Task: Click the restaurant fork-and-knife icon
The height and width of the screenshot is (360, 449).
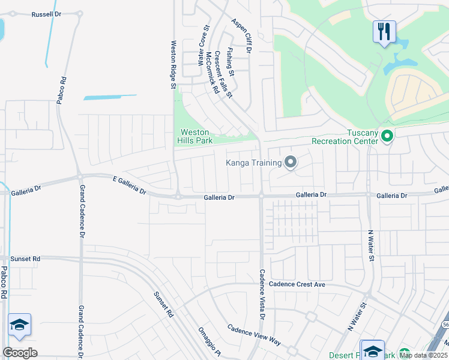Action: (x=384, y=31)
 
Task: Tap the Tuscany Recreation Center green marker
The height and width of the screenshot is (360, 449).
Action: (x=387, y=137)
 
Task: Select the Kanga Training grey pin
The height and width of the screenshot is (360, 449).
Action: (x=291, y=162)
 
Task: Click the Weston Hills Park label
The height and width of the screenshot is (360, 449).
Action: (x=195, y=136)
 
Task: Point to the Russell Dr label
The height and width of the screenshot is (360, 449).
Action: (x=47, y=13)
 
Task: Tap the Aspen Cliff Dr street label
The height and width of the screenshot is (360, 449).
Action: (x=241, y=36)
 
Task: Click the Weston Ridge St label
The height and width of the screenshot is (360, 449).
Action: (x=173, y=65)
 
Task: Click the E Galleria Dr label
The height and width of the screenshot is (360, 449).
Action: (x=130, y=185)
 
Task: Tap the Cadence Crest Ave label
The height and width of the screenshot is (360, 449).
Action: (x=297, y=284)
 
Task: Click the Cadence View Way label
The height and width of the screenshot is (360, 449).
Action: (x=254, y=335)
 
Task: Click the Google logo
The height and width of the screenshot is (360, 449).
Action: (x=20, y=353)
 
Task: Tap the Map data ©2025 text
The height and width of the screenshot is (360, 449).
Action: (x=423, y=355)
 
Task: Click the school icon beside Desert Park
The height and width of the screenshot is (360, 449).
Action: (x=372, y=350)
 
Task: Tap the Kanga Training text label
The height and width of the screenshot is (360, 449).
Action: (x=253, y=163)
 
